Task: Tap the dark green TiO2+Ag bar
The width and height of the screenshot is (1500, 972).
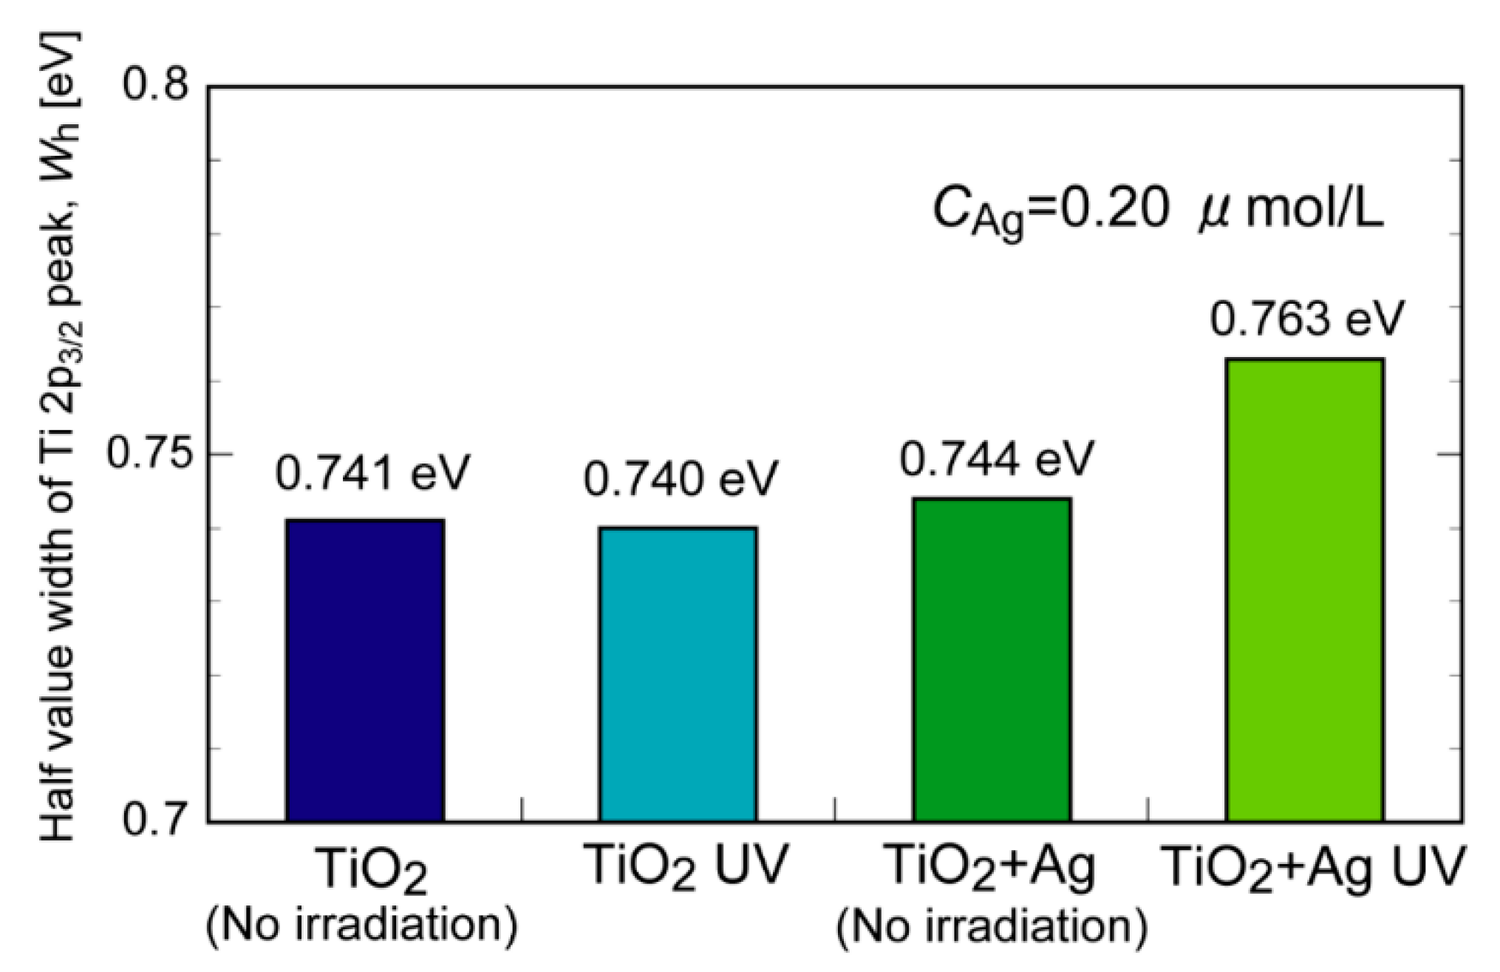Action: pos(992,659)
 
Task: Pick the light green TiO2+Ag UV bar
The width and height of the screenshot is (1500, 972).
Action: pos(1305,590)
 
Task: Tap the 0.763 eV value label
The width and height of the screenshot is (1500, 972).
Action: pos(1306,319)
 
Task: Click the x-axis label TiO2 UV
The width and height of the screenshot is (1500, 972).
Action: pos(686,865)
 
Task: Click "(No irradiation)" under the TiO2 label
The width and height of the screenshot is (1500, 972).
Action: pos(361,925)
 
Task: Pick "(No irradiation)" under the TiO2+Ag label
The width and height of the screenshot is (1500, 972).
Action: pos(992,927)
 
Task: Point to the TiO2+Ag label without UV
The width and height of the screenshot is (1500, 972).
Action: pos(989,866)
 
